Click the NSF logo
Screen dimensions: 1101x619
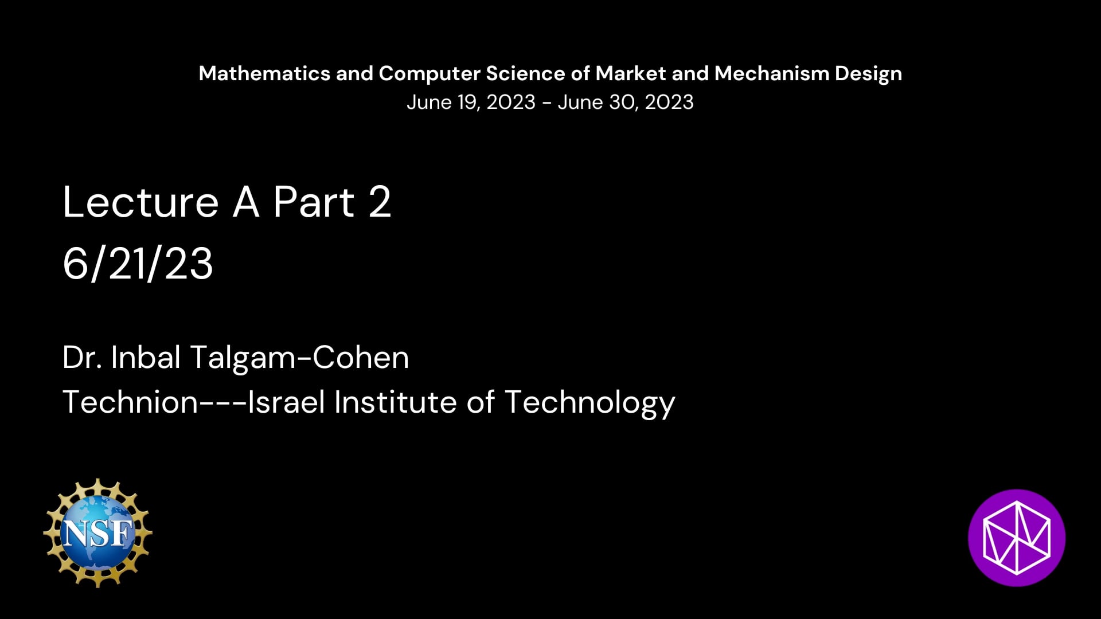97,533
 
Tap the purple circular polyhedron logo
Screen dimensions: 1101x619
1017,538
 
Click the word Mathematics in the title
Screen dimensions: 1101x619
264,73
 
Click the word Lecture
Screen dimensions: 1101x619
140,202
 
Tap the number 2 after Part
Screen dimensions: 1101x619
380,202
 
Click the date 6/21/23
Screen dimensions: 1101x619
138,264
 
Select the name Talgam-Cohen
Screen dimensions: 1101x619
299,357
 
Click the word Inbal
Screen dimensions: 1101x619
146,357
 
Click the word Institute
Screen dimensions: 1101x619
395,401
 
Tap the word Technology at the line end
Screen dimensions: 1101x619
590,402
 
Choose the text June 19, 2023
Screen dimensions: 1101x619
471,103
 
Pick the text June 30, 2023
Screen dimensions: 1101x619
626,103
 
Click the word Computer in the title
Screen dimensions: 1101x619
430,74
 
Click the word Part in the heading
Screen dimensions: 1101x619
314,202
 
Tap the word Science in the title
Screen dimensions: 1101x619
526,73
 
